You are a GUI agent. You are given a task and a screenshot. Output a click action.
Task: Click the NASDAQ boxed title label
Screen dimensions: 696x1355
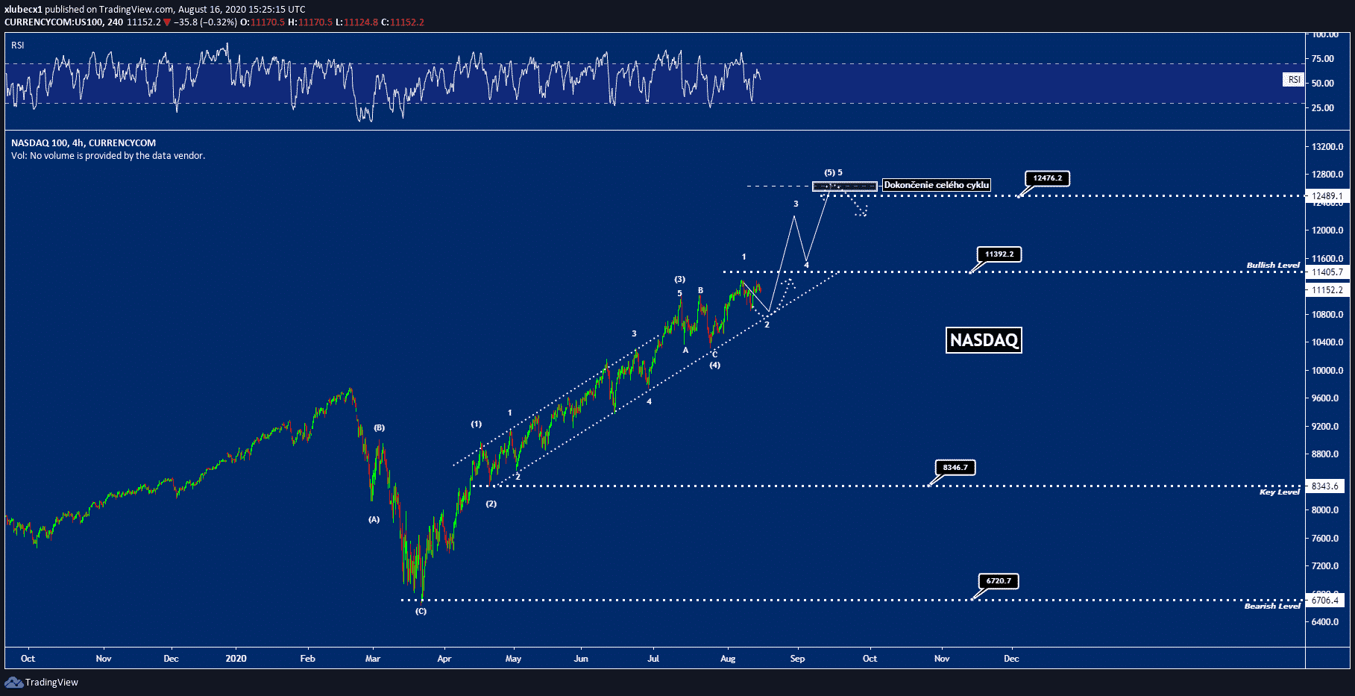point(984,340)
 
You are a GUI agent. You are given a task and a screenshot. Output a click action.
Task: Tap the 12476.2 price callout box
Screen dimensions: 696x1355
point(1047,178)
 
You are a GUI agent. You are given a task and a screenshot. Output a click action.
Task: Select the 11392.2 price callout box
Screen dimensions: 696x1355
point(999,254)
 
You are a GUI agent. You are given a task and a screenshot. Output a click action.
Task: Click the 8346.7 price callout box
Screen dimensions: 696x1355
point(955,468)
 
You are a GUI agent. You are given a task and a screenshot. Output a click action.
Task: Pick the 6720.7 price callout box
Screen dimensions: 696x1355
point(998,581)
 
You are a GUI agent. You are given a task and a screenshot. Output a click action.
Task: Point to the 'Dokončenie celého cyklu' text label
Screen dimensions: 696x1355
point(937,185)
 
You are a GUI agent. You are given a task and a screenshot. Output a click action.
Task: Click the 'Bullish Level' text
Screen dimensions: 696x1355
point(1273,265)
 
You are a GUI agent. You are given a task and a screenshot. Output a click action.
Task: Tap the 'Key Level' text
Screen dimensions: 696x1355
point(1279,492)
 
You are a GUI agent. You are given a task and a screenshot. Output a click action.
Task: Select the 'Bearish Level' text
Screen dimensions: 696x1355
point(1272,606)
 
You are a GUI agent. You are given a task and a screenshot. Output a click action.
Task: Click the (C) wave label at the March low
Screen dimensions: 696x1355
point(421,611)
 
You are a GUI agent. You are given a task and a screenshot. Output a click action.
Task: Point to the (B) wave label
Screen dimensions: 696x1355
point(380,427)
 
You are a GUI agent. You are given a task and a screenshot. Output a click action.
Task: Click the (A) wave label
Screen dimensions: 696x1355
point(374,519)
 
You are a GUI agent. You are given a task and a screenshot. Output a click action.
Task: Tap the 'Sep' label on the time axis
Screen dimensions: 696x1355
point(797,659)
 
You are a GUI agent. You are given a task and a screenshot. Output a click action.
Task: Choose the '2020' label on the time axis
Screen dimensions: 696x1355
point(236,659)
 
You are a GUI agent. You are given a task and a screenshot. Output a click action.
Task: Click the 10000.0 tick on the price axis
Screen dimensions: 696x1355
point(1327,371)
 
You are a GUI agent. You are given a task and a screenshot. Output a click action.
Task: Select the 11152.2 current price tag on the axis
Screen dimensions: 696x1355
point(1327,290)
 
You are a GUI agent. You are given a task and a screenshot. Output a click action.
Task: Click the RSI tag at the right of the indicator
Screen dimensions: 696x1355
point(1294,80)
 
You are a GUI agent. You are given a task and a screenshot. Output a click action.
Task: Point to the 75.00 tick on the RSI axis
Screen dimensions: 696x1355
point(1323,59)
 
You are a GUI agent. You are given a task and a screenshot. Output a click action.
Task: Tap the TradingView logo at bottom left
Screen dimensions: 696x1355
point(42,683)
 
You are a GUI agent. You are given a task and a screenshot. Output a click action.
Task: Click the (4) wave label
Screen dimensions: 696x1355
point(714,365)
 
